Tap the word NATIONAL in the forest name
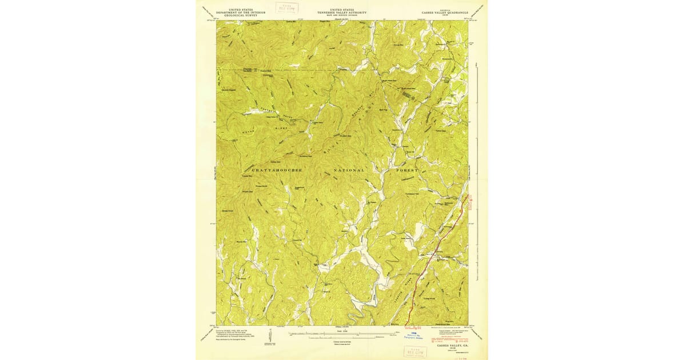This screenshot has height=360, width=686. (349, 170)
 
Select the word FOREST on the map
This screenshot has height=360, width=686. (406, 170)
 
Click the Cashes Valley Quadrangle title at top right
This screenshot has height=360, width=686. (445, 13)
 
